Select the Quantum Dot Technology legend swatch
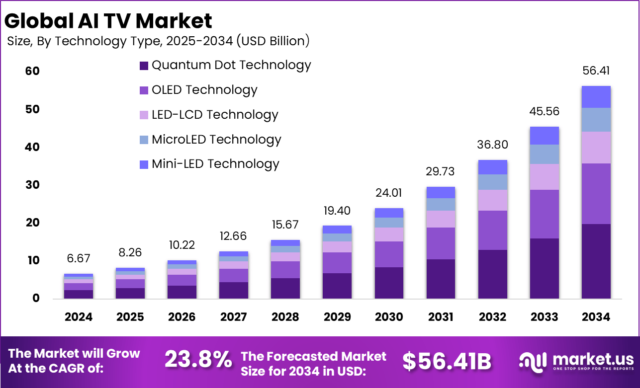click(x=144, y=66)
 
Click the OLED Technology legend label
click(x=204, y=90)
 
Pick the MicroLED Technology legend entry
click(x=216, y=140)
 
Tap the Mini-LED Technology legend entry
click(x=215, y=164)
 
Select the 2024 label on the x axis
click(x=79, y=317)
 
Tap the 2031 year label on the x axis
click(x=441, y=317)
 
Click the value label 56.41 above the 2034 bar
click(x=596, y=71)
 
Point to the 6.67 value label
click(x=79, y=258)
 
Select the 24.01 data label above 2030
click(x=389, y=193)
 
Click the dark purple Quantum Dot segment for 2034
click(x=596, y=261)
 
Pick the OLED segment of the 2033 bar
click(x=544, y=214)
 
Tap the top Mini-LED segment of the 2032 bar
click(x=492, y=167)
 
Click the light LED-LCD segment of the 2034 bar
click(x=596, y=147)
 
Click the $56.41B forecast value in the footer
click(x=447, y=362)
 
